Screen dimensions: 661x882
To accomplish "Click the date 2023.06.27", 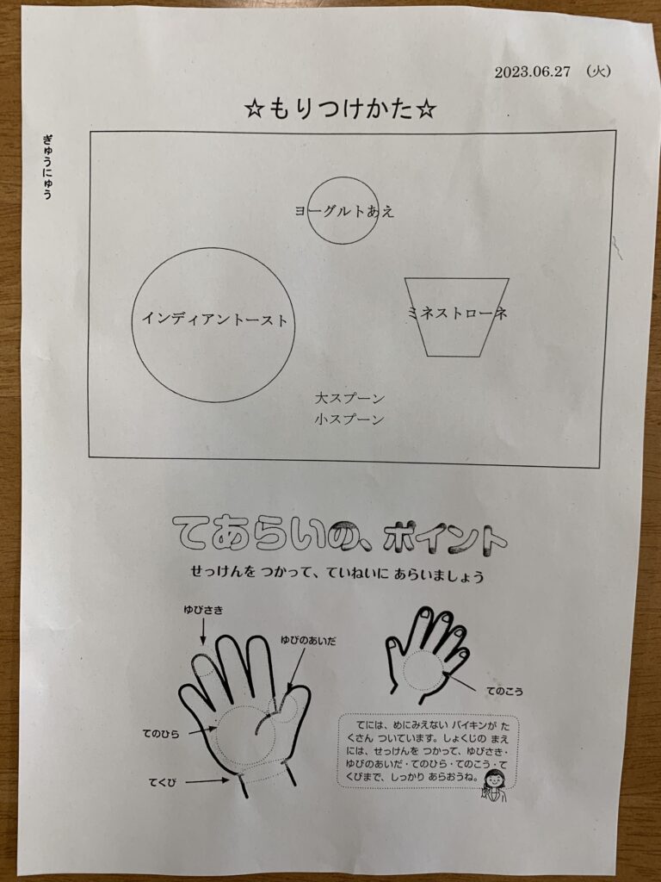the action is tap(532, 72).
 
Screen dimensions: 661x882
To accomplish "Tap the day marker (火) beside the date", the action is tap(597, 71).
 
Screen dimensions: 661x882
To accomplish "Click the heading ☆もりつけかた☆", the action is tap(341, 108).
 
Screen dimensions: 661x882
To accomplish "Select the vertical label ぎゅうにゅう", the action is tap(47, 166).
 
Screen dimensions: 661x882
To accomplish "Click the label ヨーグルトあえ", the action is tap(344, 211).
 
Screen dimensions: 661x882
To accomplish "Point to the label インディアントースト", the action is tap(214, 320).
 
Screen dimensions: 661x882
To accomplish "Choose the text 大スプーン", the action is tap(349, 398).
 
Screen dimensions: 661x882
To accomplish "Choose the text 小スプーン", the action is tap(349, 419).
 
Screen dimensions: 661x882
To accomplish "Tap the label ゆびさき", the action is tap(203, 610).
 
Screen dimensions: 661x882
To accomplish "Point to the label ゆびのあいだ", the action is tap(308, 640).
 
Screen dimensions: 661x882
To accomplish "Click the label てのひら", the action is tap(161, 734).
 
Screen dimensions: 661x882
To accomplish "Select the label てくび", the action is tap(163, 782).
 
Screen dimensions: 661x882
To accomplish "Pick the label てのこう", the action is tap(504, 692).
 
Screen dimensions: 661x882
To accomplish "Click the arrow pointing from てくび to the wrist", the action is tap(207, 780).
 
